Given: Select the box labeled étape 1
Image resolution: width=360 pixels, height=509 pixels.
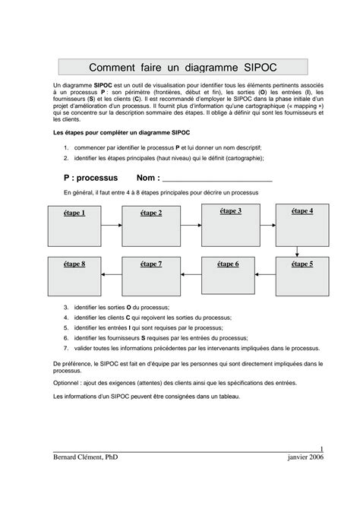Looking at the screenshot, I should (x=74, y=226).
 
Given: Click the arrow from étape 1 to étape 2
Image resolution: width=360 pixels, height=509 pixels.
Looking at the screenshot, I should (x=112, y=226).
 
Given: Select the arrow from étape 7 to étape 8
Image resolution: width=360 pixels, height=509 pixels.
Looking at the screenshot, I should (x=112, y=275).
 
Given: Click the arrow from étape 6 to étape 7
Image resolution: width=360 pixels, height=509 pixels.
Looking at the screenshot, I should (x=190, y=275).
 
